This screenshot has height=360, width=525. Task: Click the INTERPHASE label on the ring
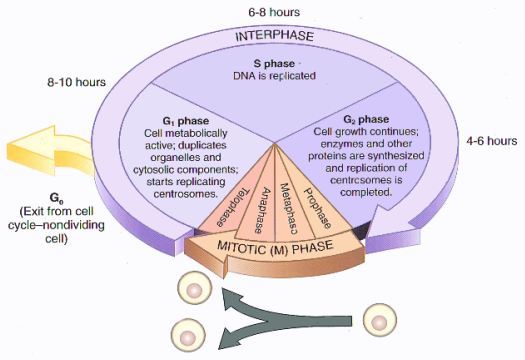[275, 36]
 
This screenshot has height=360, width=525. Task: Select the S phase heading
[274, 64]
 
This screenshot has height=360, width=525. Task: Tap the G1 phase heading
[186, 121]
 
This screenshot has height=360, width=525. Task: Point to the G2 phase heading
[366, 119]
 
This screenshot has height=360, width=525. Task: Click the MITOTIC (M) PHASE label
[275, 247]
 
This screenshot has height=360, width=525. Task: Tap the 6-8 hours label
[274, 12]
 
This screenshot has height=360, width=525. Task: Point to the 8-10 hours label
[76, 82]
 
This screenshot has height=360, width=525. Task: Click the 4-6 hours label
[492, 141]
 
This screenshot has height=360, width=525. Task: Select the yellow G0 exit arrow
[50, 151]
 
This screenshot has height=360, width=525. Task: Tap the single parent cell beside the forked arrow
[380, 320]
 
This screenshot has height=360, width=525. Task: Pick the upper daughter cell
[195, 288]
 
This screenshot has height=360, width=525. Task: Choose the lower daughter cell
[188, 335]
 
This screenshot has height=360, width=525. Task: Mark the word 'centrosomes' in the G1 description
[184, 194]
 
